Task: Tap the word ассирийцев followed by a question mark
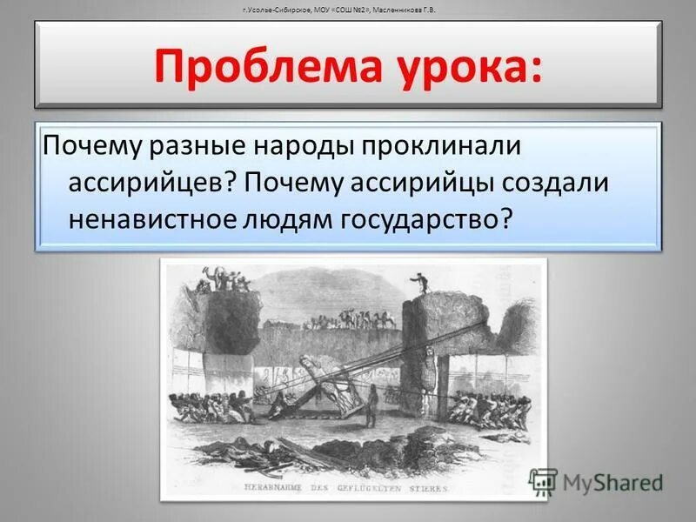click(x=149, y=182)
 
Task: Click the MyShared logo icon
click(x=543, y=482)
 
